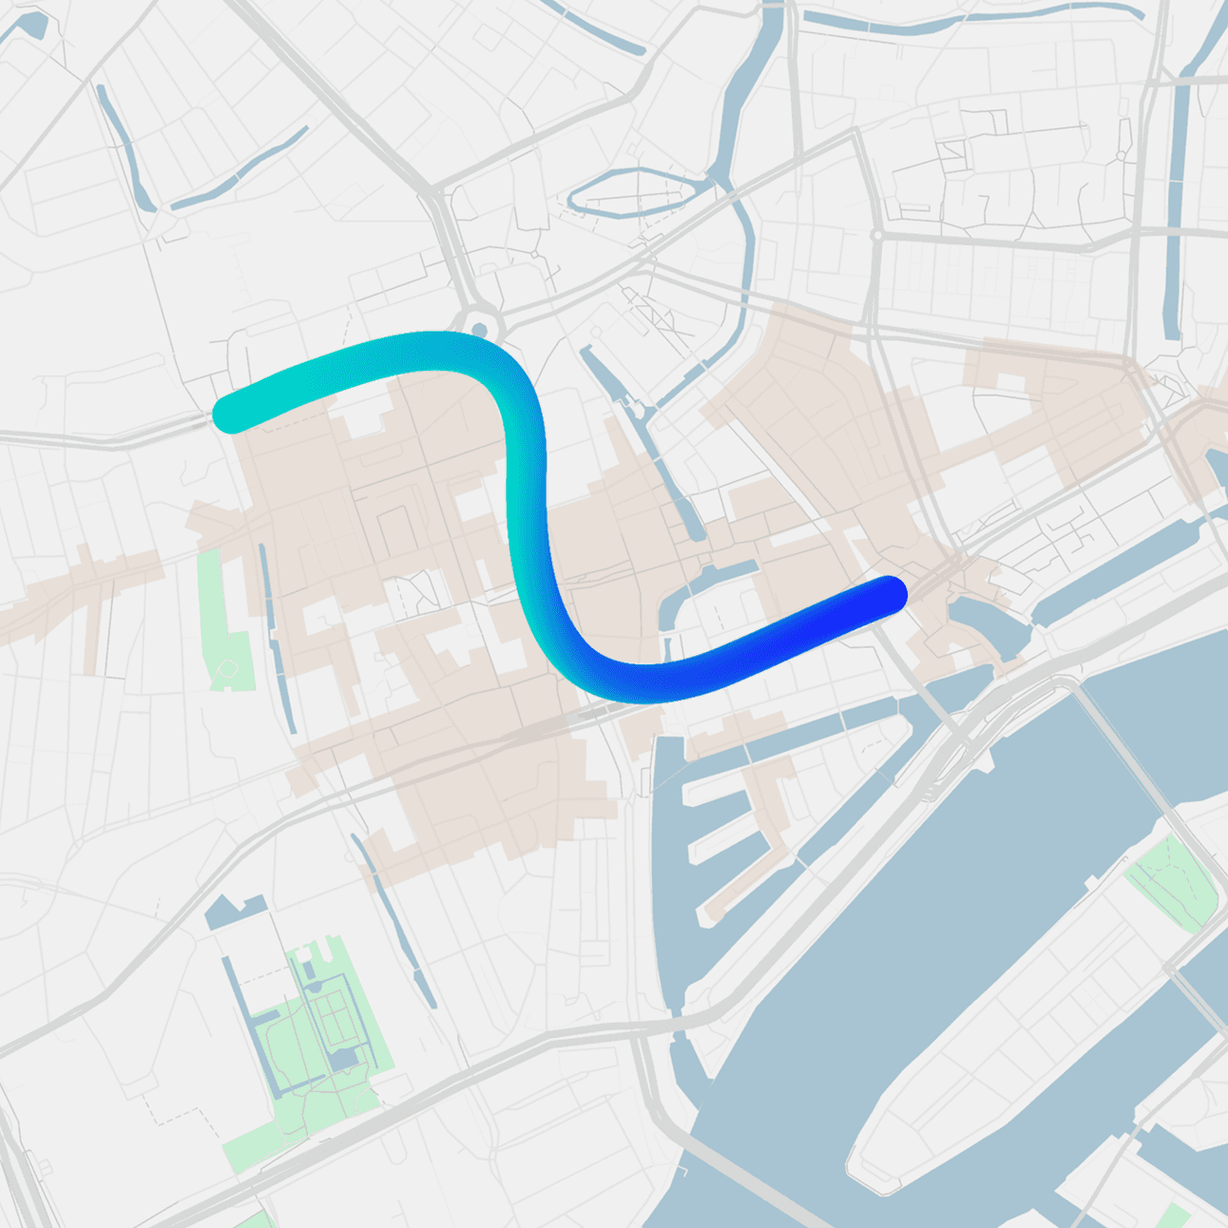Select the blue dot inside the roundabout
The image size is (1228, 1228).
(x=480, y=330)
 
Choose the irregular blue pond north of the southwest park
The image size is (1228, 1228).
(x=233, y=911)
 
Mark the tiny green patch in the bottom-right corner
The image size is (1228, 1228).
(x=1176, y=1215)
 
